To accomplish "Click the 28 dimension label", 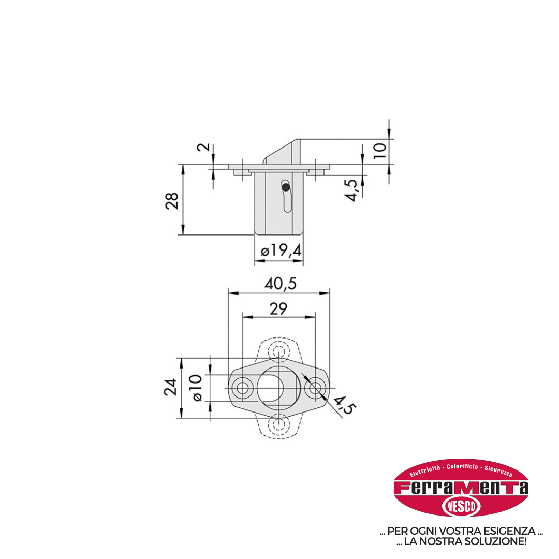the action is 172,201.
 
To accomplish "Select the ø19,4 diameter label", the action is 281,251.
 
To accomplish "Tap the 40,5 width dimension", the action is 281,284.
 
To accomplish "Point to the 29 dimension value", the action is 278,308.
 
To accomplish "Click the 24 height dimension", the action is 170,387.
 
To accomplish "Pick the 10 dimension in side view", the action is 380,151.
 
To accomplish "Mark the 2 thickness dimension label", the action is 204,146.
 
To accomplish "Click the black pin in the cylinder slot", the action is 286,187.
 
